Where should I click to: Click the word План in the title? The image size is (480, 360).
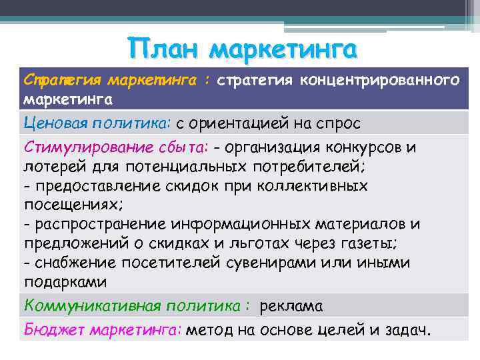pyautogui.click(x=165, y=49)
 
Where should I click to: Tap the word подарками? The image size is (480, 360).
pyautogui.click(x=65, y=282)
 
